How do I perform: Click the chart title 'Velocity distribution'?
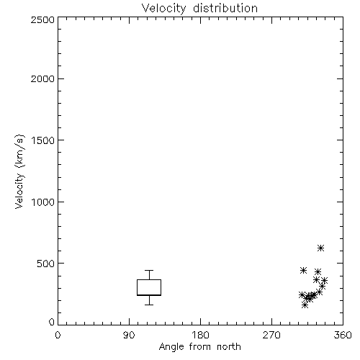(x=199, y=9)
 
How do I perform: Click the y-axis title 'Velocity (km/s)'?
(x=19, y=171)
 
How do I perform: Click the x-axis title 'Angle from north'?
(x=199, y=347)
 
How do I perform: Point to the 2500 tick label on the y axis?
(x=42, y=19)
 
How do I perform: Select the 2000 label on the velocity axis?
(x=42, y=78)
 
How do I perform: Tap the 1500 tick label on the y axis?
(x=43, y=140)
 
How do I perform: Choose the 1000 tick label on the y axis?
(x=43, y=202)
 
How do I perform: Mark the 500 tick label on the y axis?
(x=46, y=264)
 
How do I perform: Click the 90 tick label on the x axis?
(x=129, y=335)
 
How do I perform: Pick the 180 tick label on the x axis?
(x=200, y=335)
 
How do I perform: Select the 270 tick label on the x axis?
(x=271, y=335)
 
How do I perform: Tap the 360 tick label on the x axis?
(x=343, y=335)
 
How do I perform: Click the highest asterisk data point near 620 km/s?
(x=321, y=248)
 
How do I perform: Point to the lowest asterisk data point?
(x=305, y=305)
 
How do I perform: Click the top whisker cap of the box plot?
(x=149, y=271)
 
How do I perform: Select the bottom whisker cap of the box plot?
(x=149, y=305)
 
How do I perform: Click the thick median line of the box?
(x=149, y=295)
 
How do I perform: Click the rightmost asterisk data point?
(x=325, y=280)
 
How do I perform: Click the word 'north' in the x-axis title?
(x=229, y=347)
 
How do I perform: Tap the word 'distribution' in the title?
(x=225, y=9)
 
